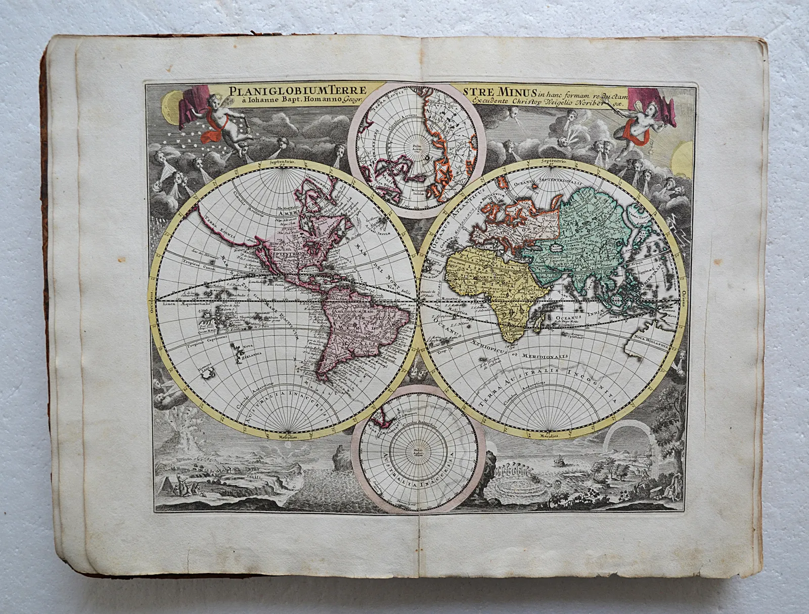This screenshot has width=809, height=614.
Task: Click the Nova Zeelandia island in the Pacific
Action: (x=238, y=350)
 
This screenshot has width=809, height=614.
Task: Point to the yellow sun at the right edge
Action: (x=680, y=155)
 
